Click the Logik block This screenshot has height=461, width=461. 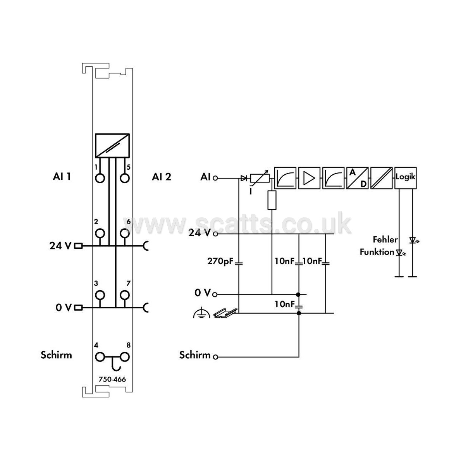[406, 178]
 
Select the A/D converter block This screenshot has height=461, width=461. [357, 178]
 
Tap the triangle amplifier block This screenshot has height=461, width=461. [309, 178]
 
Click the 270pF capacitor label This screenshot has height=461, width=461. [220, 261]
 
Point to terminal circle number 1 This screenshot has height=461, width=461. [100, 178]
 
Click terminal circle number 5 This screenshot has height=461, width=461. [125, 178]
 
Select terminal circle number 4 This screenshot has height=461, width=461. [100, 357]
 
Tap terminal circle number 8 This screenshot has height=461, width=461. [125, 357]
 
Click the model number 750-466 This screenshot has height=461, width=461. [112, 379]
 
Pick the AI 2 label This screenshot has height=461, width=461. [162, 177]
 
